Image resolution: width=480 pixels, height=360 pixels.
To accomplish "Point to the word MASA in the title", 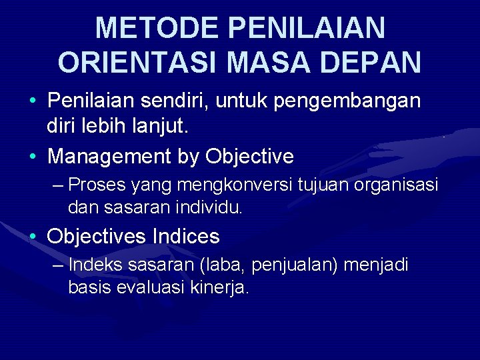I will pos(260,62).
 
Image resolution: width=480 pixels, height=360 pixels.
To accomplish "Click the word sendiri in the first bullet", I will pos(175,101).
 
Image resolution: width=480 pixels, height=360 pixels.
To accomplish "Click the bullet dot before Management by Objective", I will pos(33,157).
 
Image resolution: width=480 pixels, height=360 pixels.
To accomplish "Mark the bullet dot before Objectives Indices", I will pos(33,237).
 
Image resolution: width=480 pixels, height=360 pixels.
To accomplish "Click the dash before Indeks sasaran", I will pos(58,265).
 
